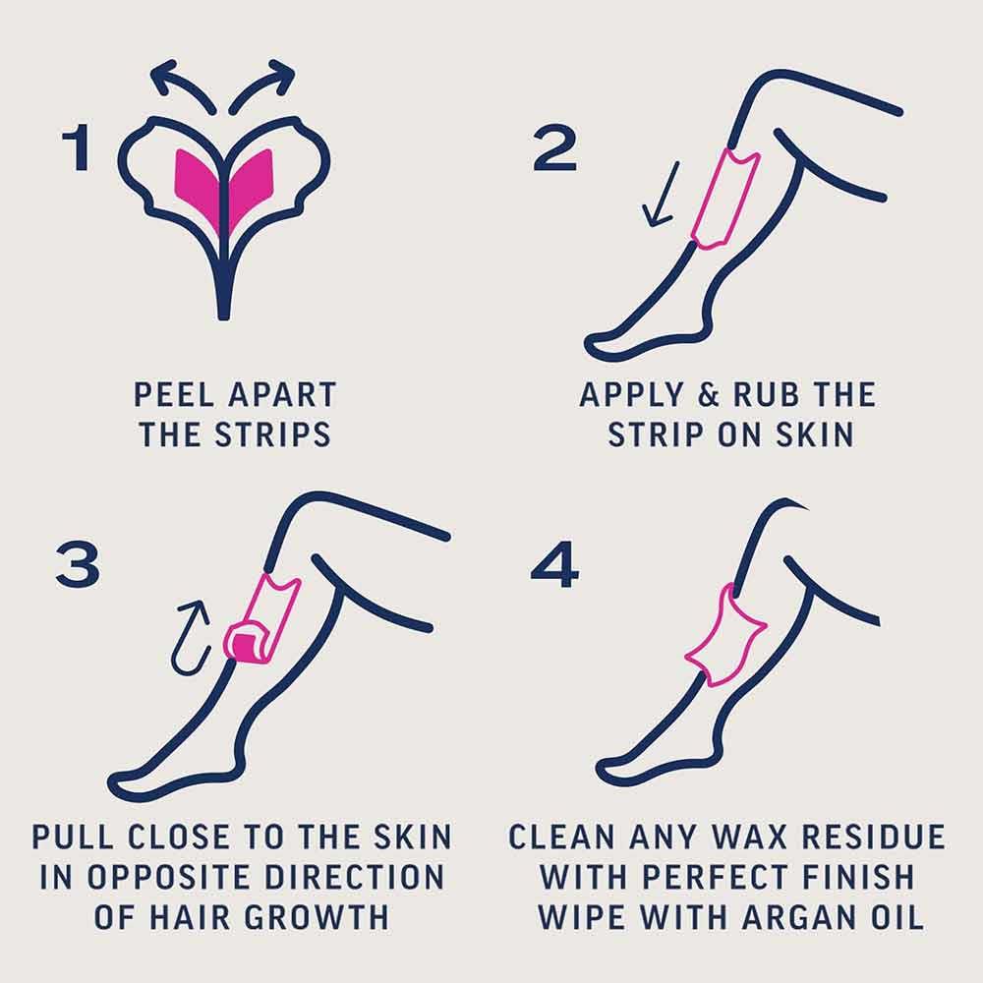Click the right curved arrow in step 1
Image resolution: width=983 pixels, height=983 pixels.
(263, 83)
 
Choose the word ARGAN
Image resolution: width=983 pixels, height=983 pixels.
(786, 916)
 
